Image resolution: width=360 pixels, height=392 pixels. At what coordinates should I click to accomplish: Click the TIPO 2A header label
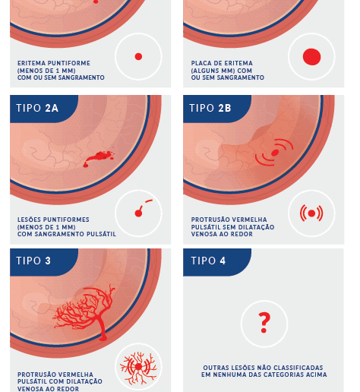(x=37, y=108)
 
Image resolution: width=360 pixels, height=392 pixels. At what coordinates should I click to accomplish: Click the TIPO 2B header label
(x=210, y=108)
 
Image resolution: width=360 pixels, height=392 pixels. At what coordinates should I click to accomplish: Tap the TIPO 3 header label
(x=33, y=261)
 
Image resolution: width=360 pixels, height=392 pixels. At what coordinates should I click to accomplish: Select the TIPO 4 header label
(x=208, y=261)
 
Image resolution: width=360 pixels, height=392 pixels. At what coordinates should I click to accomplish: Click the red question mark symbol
(x=264, y=322)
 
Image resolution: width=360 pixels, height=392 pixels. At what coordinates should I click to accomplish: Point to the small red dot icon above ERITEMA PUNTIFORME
(x=138, y=56)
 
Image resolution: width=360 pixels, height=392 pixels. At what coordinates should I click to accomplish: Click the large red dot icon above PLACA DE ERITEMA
(x=311, y=57)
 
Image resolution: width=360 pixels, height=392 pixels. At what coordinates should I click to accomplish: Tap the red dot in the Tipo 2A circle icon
(x=138, y=213)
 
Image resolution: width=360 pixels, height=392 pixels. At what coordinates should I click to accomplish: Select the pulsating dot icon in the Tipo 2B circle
(x=311, y=213)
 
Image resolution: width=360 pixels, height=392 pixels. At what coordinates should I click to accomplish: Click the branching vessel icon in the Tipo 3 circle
(x=138, y=367)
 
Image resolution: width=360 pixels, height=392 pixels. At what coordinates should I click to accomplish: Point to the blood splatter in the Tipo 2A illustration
(x=99, y=159)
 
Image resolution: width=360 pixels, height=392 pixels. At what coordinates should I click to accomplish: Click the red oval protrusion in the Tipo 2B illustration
(x=275, y=153)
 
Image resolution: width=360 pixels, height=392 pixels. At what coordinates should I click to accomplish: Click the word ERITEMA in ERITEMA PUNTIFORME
(x=31, y=63)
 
